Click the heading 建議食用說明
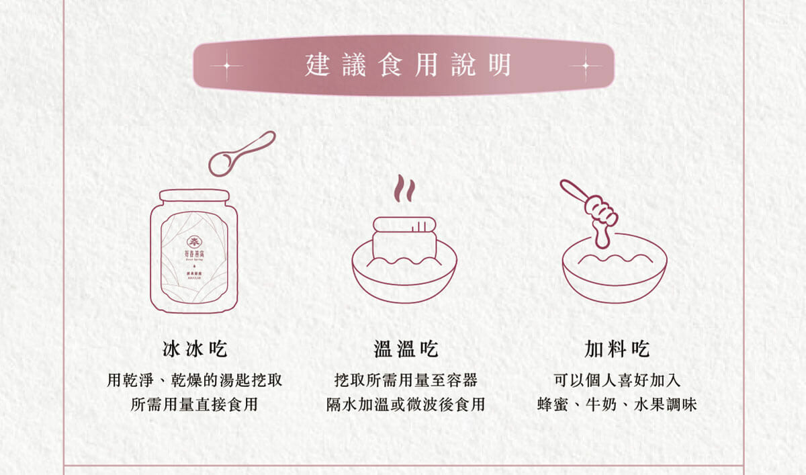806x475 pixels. pyautogui.click(x=408, y=66)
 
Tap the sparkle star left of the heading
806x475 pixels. pyautogui.click(x=226, y=66)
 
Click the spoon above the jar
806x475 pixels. pyautogui.click(x=240, y=154)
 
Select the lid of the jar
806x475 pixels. pyautogui.click(x=193, y=196)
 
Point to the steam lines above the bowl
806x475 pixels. pyautogui.click(x=404, y=189)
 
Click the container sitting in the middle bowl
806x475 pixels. pyautogui.click(x=404, y=239)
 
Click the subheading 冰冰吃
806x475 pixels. pyautogui.click(x=195, y=349)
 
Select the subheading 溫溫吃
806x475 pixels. pyautogui.click(x=406, y=349)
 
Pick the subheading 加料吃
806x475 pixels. pyautogui.click(x=617, y=349)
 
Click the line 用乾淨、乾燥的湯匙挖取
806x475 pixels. pyautogui.click(x=195, y=380)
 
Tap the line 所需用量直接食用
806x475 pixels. pyautogui.click(x=195, y=405)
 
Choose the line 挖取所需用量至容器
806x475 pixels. pyautogui.click(x=406, y=380)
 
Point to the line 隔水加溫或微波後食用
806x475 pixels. pyautogui.click(x=406, y=405)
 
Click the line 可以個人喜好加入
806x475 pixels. pyautogui.click(x=617, y=380)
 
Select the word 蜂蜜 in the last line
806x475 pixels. pyautogui.click(x=553, y=405)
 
